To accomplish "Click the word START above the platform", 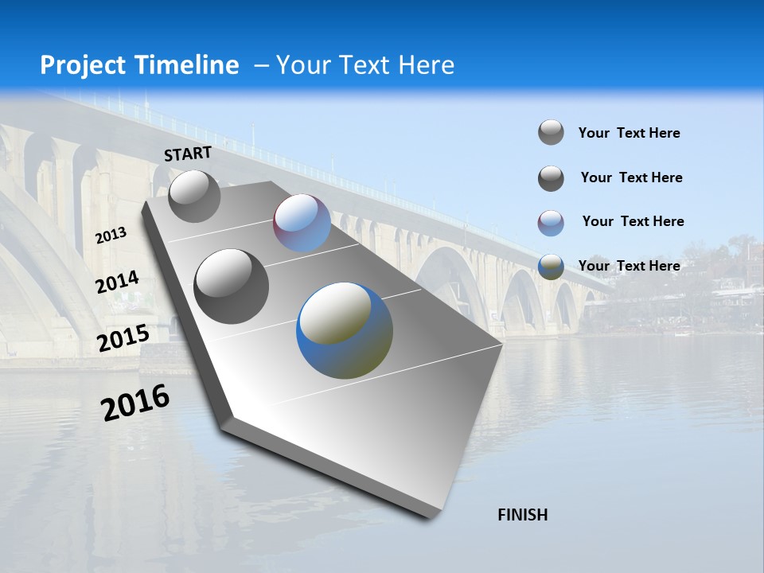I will click(188, 154).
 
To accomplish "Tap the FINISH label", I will click(522, 515).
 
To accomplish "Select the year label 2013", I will click(111, 236).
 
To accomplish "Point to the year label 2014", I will click(117, 283).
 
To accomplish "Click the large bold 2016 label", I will click(135, 403).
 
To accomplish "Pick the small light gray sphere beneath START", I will click(194, 196).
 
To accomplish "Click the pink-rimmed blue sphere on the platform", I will click(302, 223).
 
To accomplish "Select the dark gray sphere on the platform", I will click(232, 286).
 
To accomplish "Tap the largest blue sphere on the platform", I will click(345, 329).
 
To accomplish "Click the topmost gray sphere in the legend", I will click(551, 132).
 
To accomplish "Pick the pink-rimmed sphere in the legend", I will click(551, 223).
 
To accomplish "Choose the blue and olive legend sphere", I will click(551, 267).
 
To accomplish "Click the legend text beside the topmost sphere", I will click(629, 133).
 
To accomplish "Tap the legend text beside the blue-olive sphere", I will click(629, 266).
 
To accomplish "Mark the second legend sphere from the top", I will click(551, 178).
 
